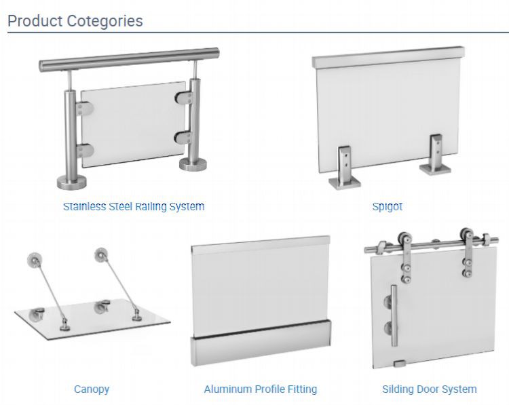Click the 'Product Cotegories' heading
tap(75, 21)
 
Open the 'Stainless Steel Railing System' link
tap(134, 206)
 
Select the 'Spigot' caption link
tap(388, 206)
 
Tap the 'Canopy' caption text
tap(92, 389)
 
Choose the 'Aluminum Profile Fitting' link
tap(261, 389)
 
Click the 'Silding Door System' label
tap(429, 389)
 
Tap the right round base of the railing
tap(193, 166)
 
